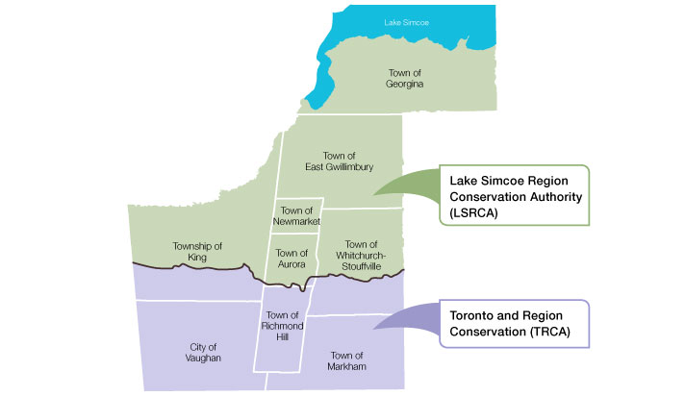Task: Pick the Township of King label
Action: pyautogui.click(x=197, y=252)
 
